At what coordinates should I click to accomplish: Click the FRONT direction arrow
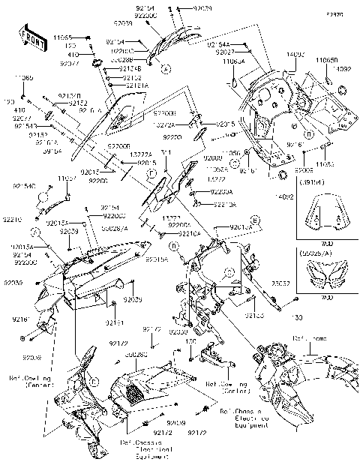(28, 36)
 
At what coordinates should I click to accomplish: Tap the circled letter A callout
(166, 69)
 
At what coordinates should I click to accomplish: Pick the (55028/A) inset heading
(316, 255)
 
